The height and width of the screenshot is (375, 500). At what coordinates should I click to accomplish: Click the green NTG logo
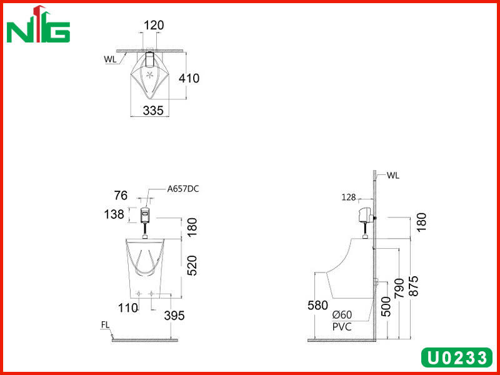point(38,24)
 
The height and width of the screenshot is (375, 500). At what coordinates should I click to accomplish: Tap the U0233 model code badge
point(457,357)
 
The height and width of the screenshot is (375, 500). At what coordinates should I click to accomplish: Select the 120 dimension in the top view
point(154,25)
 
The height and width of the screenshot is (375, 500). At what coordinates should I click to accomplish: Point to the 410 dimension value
point(189,78)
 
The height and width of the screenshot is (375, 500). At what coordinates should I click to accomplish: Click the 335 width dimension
point(153,111)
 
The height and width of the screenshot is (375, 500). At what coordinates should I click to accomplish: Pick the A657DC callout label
point(183,189)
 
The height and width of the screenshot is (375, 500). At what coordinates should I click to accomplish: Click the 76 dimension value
point(121,196)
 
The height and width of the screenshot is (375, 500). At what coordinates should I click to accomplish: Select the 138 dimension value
point(114,214)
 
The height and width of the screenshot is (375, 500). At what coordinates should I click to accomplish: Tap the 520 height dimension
point(192,265)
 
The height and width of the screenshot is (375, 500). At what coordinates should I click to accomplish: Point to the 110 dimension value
point(128,308)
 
